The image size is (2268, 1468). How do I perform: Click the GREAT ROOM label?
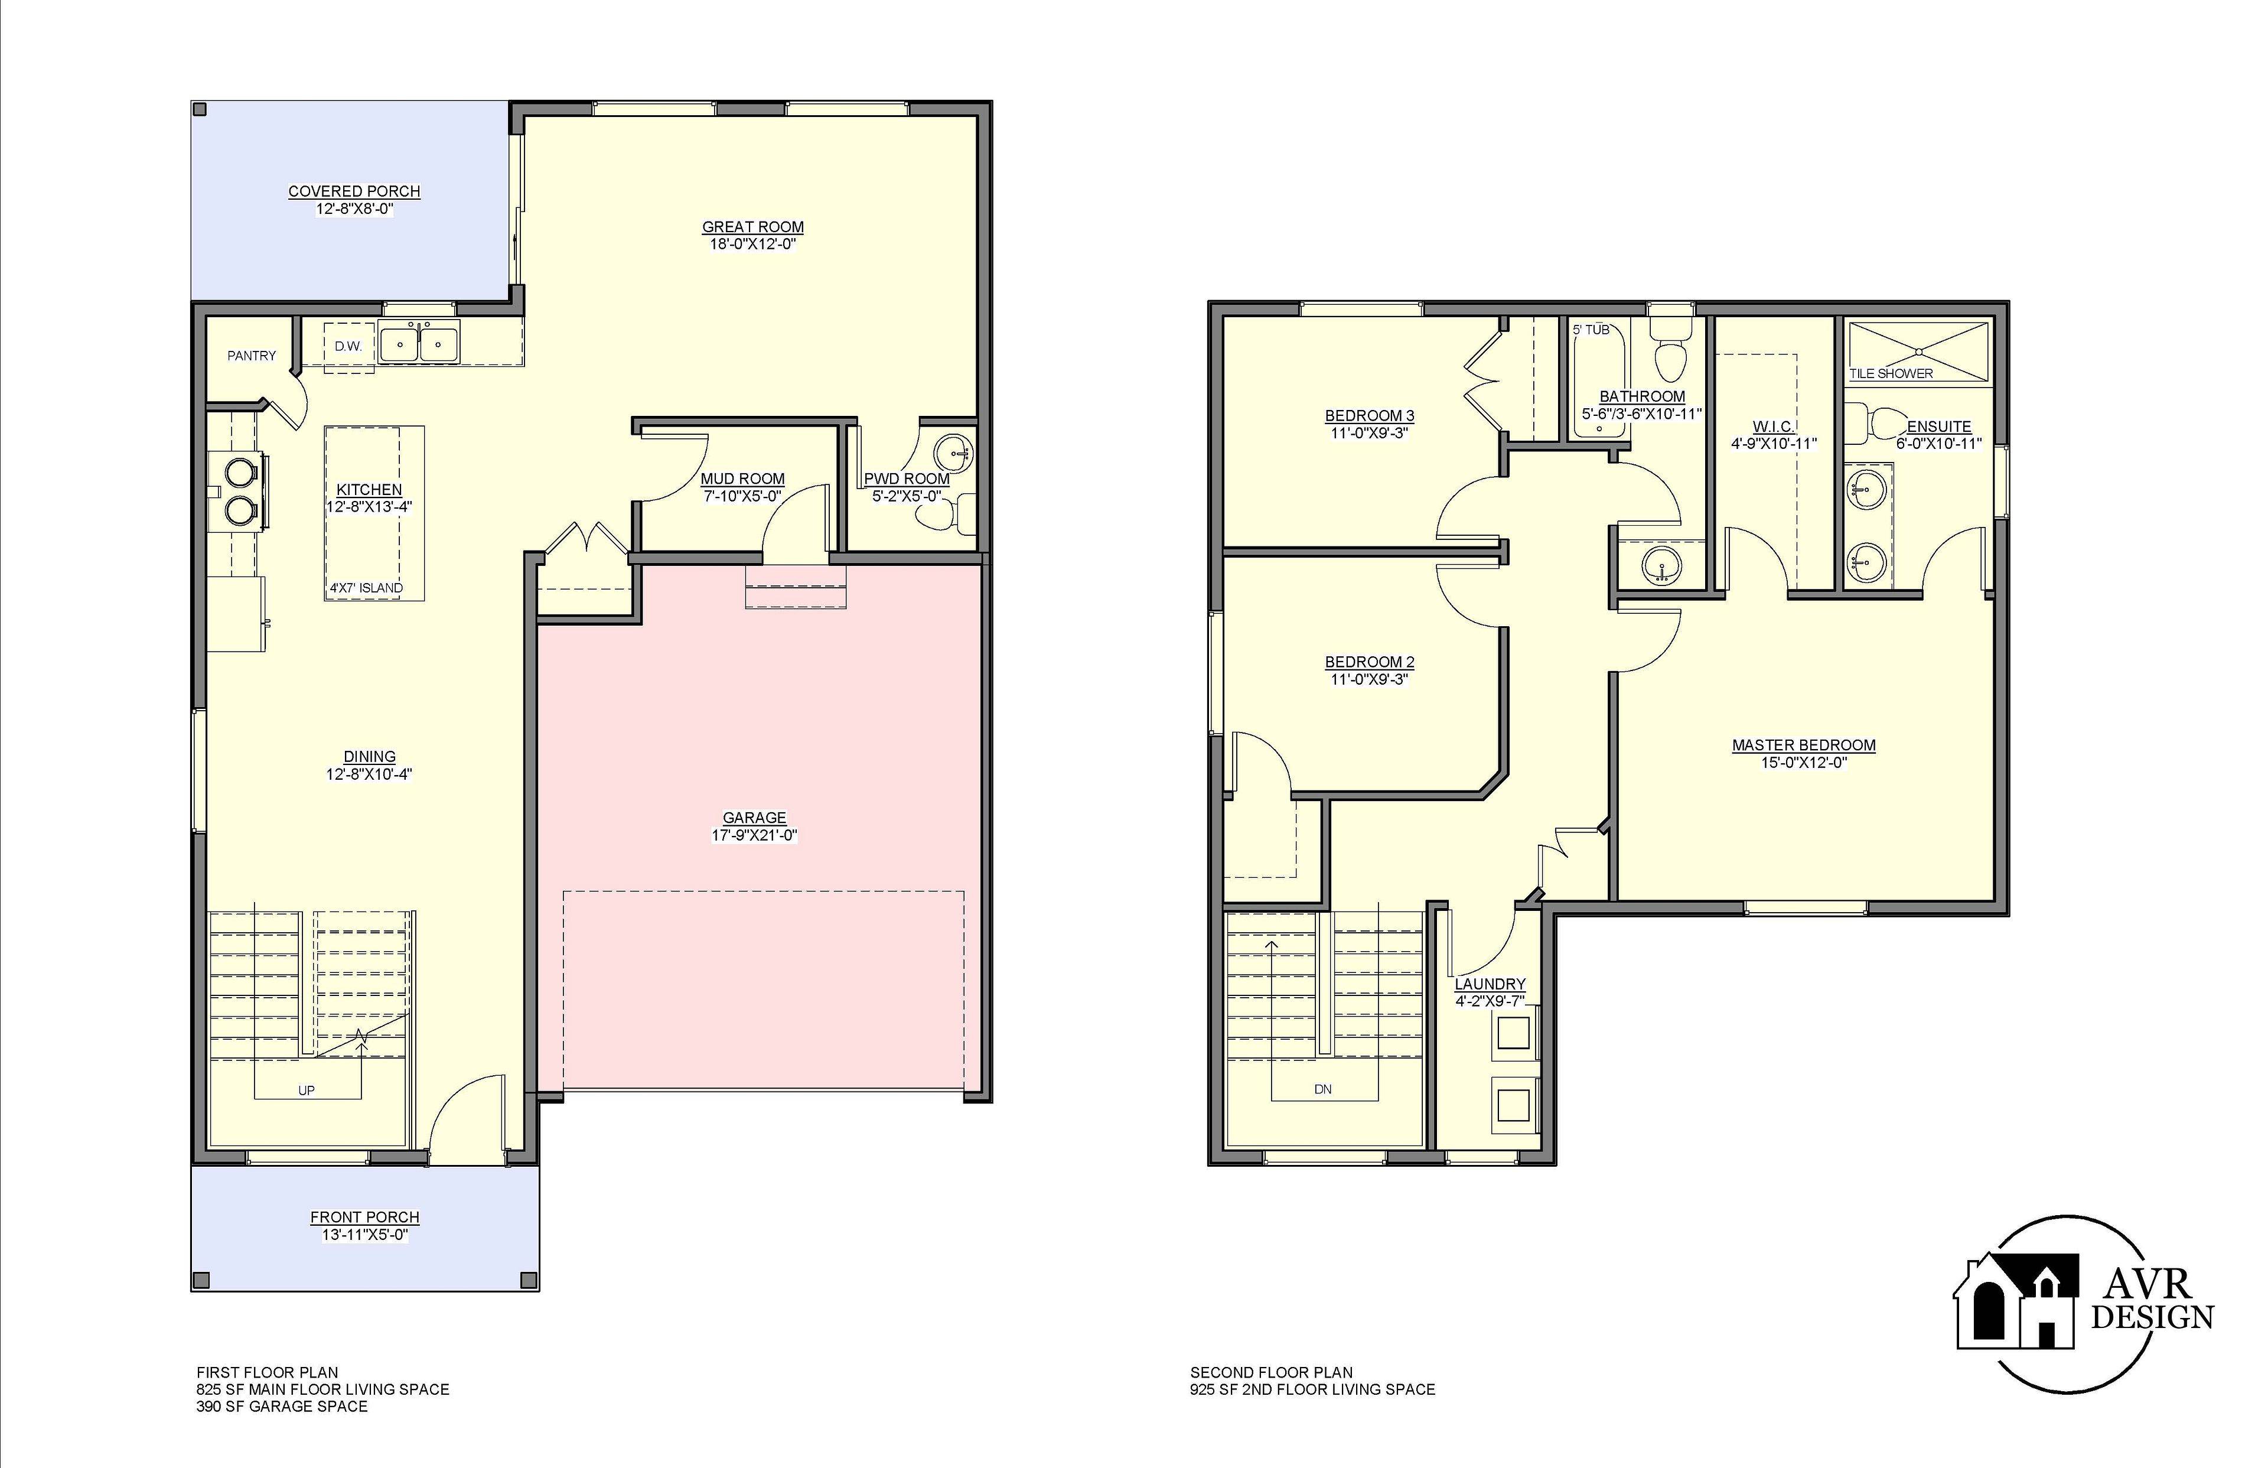coord(753,227)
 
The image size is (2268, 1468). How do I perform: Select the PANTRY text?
coord(252,356)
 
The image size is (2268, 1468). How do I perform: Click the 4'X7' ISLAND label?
coord(367,588)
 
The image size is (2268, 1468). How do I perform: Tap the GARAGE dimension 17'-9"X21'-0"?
coord(754,835)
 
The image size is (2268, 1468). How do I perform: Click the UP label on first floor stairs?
coord(306,1089)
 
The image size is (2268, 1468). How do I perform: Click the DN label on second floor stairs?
coord(1322,1089)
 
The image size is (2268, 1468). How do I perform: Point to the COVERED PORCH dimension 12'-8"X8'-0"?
coord(354,209)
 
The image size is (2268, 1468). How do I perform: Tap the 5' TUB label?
coord(1591,330)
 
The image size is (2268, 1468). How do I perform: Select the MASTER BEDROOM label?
coord(1803,746)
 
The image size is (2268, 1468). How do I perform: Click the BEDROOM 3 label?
coord(1370,416)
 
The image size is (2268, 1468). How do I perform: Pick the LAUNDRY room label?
coord(1490,984)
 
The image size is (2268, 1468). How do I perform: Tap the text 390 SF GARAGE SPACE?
coord(282,1406)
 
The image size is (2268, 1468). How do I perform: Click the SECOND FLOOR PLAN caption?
coord(1270,1373)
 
